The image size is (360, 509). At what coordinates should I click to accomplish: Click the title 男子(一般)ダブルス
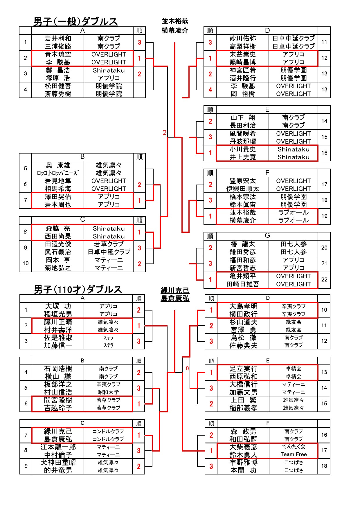coord(75,21)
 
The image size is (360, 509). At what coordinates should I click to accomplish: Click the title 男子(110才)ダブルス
coord(78,289)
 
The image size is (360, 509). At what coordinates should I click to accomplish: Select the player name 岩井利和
coord(58,38)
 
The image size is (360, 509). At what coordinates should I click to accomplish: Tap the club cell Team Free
coord(294,454)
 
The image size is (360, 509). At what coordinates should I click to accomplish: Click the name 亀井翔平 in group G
coord(243,276)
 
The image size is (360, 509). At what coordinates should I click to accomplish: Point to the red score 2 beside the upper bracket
coord(164,133)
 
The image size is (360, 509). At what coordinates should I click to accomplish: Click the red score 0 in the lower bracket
coord(187,369)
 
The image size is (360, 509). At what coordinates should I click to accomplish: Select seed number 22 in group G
coord(324,279)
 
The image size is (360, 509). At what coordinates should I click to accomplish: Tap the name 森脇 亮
coord(58,229)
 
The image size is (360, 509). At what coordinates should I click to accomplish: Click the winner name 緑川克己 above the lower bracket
coord(175,290)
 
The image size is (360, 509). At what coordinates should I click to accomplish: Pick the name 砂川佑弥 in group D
coord(243,38)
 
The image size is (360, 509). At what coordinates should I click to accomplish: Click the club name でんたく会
coord(294,447)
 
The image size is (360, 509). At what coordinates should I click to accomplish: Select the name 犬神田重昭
coord(58,463)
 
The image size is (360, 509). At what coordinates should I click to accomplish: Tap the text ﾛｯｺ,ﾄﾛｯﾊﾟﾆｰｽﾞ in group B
coord(58,173)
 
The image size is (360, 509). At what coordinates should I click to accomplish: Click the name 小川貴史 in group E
coord(243,149)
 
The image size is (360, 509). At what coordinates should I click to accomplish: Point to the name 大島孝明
coord(243,306)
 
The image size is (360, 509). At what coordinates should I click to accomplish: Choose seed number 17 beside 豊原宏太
coord(324,184)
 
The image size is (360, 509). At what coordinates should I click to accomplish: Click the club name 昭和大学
coord(108,392)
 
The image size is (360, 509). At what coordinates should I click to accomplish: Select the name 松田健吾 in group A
coord(58,86)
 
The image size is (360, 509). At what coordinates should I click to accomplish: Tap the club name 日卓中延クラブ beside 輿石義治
coord(109,252)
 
